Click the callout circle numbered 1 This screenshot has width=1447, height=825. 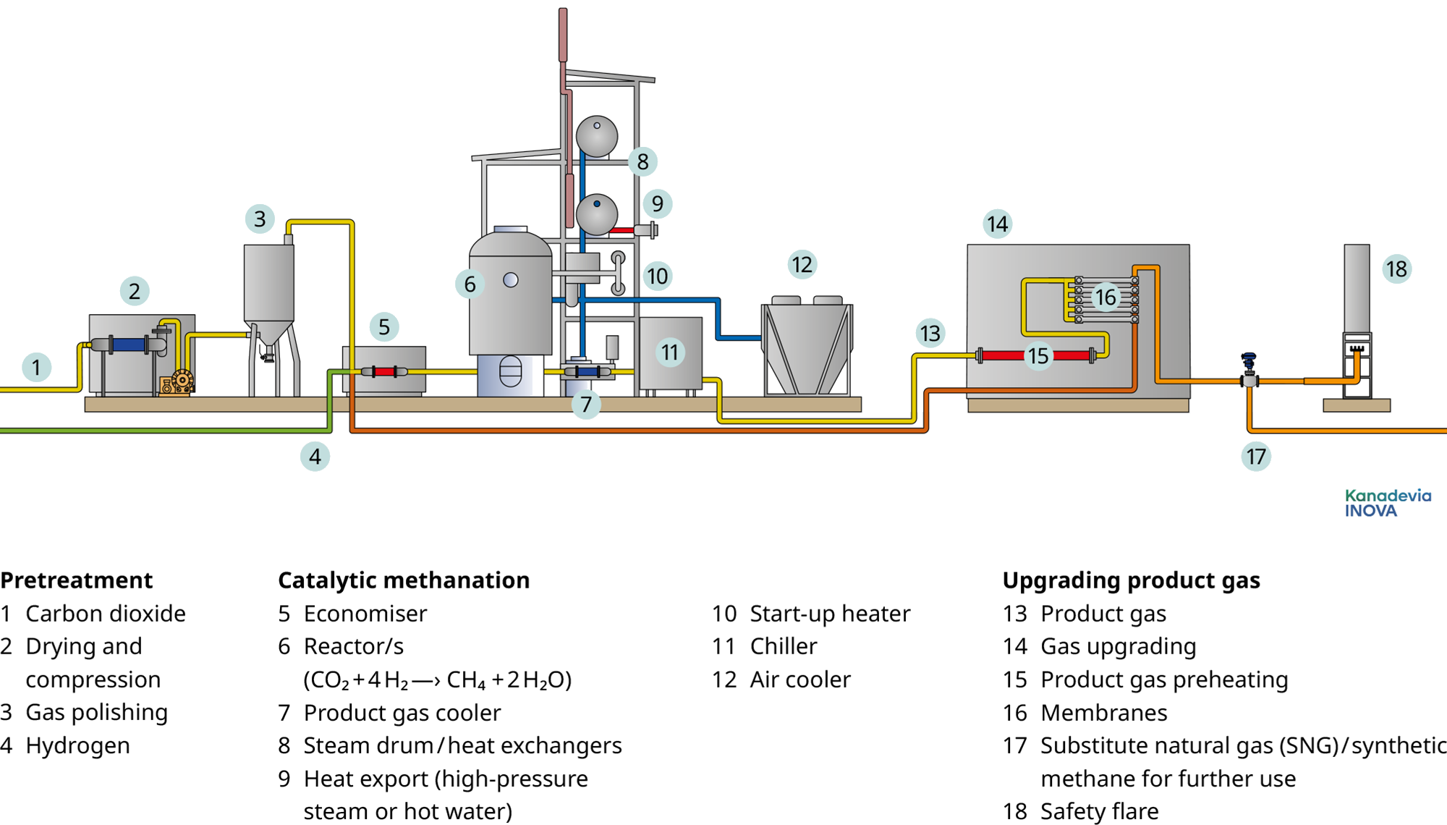click(36, 367)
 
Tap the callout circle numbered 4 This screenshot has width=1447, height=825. click(315, 457)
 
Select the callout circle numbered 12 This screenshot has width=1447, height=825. click(802, 265)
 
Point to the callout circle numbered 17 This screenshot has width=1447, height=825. click(1256, 457)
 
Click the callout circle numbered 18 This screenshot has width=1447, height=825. click(1396, 269)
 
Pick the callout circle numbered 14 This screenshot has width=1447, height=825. click(997, 224)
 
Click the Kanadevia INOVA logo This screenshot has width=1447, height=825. click(1387, 503)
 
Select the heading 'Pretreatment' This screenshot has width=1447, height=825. click(77, 580)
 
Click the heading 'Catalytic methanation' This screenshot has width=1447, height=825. click(404, 580)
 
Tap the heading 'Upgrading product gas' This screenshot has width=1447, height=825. click(1131, 580)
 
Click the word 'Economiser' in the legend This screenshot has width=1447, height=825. click(365, 614)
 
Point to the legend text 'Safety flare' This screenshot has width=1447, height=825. click(1099, 811)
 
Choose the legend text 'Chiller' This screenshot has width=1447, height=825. click(783, 646)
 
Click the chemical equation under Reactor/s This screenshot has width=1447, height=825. click(437, 680)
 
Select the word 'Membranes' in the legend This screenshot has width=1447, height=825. click(1103, 713)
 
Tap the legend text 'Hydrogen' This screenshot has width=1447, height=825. click(77, 745)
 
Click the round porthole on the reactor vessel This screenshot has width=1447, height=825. click(511, 280)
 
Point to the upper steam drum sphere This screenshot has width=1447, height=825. click(597, 136)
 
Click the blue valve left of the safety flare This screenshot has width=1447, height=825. click(1249, 360)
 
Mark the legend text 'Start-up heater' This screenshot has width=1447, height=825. click(830, 614)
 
